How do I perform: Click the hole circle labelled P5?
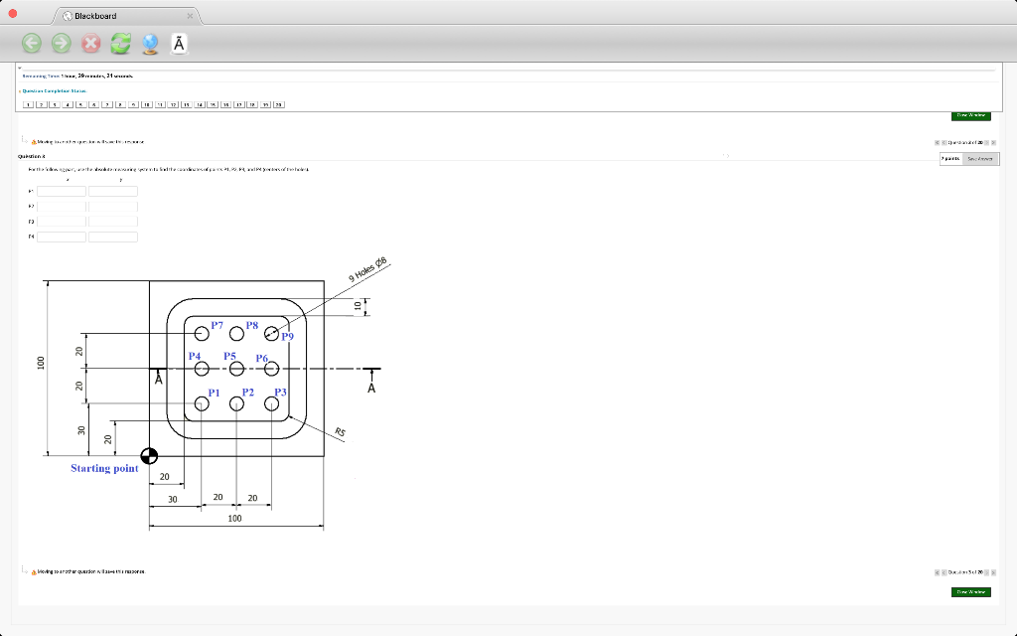tap(236, 369)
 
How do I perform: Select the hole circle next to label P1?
tap(202, 403)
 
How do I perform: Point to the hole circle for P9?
tap(271, 334)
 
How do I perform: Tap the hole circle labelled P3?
tap(271, 403)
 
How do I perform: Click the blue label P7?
tap(217, 325)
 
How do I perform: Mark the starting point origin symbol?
tap(149, 456)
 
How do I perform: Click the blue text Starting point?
tap(104, 468)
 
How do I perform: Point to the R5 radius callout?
tap(340, 431)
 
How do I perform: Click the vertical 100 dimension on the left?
tap(42, 364)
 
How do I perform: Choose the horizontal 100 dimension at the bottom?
tap(234, 518)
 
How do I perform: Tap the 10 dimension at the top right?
tap(359, 306)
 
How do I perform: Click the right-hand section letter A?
tap(371, 388)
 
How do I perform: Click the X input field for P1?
tap(62, 191)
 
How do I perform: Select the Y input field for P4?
tap(113, 237)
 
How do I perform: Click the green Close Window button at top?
tap(970, 115)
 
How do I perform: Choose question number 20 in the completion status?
tap(278, 103)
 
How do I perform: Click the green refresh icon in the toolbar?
tap(120, 43)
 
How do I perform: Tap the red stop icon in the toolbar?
tap(90, 43)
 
